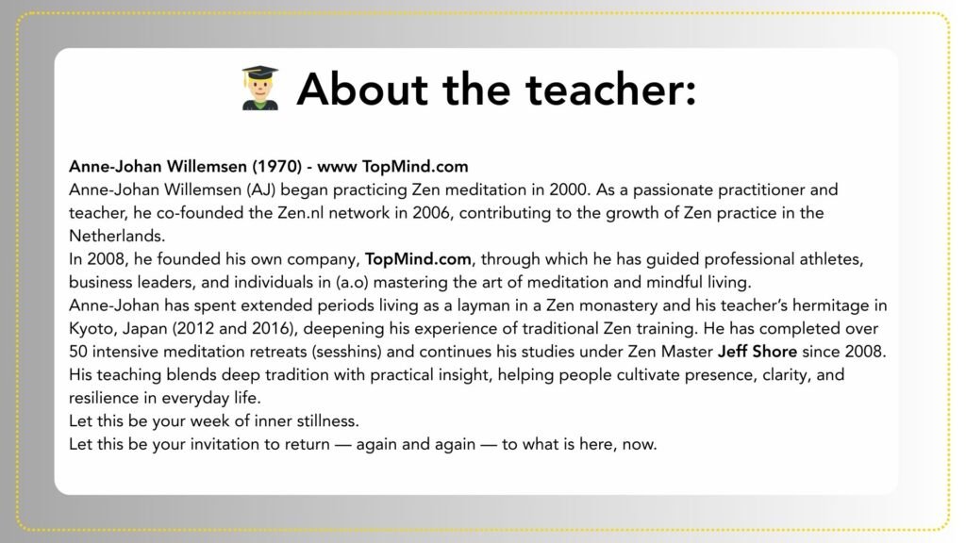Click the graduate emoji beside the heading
coord(260,88)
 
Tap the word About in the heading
coord(362,90)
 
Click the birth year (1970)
coord(276,166)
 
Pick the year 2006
coord(430,213)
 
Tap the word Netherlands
coord(117,236)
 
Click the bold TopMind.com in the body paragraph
coord(418,259)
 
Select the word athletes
coord(831,259)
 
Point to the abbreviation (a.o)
coord(352,283)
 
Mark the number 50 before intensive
coord(78,353)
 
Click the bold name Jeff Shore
coord(758,353)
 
